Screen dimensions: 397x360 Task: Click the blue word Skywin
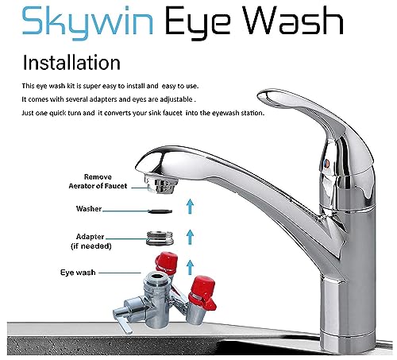(x=87, y=23)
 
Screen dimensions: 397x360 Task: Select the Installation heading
(x=71, y=63)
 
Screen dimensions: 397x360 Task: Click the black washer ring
(x=160, y=211)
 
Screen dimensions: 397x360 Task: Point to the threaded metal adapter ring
(x=160, y=238)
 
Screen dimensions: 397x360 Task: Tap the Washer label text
(x=89, y=209)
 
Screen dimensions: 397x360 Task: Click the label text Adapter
(x=90, y=237)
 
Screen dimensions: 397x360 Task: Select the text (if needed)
(x=91, y=246)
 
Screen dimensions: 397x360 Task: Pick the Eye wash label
(x=78, y=273)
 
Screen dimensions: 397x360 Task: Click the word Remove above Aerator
(x=98, y=176)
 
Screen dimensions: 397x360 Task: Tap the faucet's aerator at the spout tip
(x=161, y=184)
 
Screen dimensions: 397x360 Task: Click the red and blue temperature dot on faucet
(x=326, y=164)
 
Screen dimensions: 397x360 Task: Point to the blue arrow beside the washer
(x=190, y=206)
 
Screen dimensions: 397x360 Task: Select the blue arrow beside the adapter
(x=190, y=237)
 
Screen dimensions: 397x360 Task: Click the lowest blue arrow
(x=190, y=267)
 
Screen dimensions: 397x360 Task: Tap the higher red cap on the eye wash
(x=166, y=263)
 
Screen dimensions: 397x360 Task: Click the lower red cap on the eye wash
(x=202, y=293)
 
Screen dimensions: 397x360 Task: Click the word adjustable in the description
(x=175, y=99)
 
